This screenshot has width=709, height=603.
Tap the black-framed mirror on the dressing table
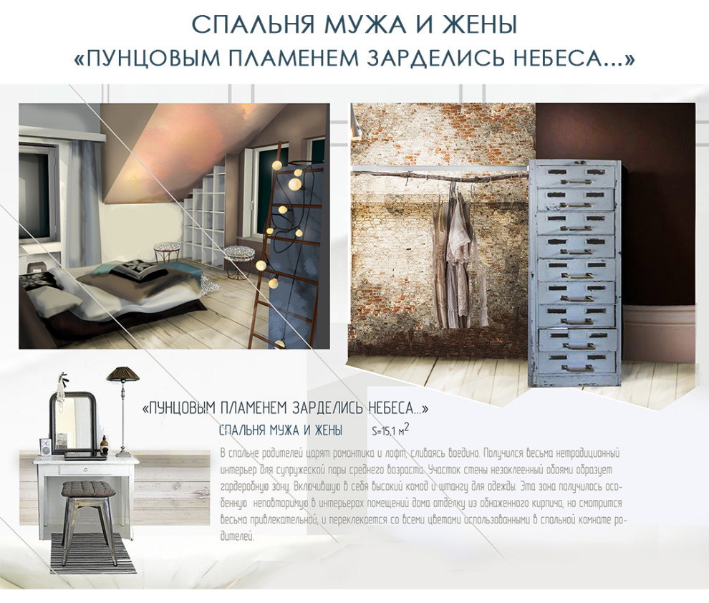coord(72,423)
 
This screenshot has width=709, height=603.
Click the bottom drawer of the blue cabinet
coord(575,362)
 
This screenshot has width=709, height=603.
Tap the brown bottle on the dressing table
coord(105,446)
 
